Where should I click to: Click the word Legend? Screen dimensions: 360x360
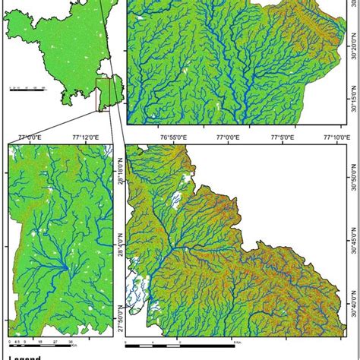pos(23,355)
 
